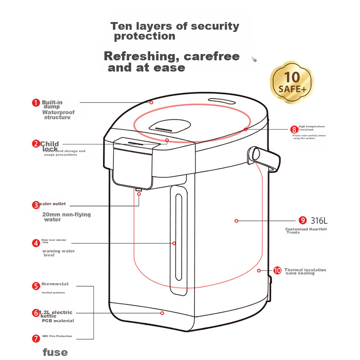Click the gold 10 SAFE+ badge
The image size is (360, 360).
coord(292,82)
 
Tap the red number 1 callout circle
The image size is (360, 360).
coord(36,103)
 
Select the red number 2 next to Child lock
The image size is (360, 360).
coord(36,144)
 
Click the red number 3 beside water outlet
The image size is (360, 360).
coord(36,205)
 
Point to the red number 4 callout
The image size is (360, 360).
coord(36,243)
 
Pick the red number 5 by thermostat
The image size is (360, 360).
coord(36,286)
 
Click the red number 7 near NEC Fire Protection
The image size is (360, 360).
coord(36,338)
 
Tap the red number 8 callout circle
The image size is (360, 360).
coord(294,130)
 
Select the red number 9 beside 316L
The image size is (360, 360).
coord(303,220)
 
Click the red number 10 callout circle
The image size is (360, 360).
coord(277,270)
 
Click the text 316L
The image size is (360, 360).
coord(319,220)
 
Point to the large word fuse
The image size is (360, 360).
coord(55,351)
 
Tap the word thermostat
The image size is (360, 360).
coord(55,284)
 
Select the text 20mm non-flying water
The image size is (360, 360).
coord(66,217)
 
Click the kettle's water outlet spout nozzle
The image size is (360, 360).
coord(139,189)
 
